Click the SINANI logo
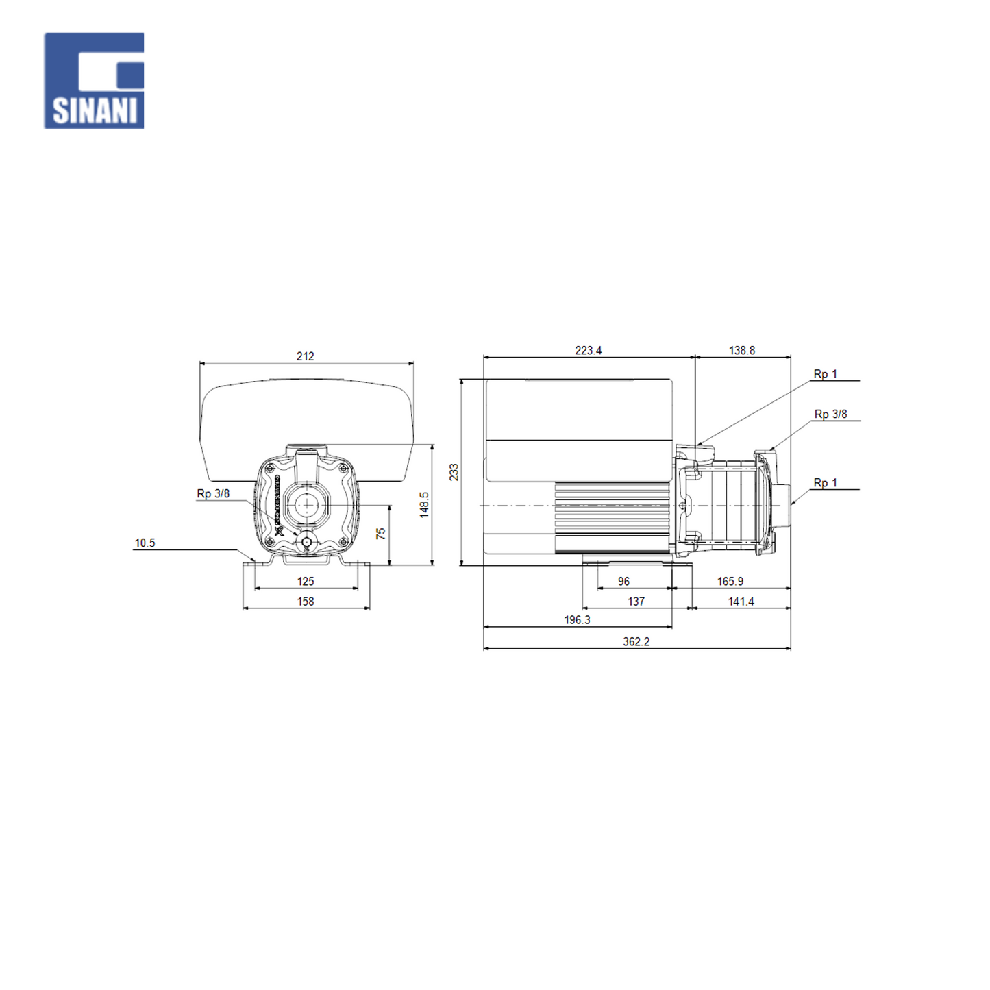[x=94, y=81]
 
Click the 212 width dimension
[x=305, y=356]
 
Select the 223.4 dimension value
[x=589, y=350]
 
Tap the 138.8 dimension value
[x=742, y=350]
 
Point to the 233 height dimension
[x=454, y=472]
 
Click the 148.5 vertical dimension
[x=424, y=504]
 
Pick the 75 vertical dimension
[x=381, y=534]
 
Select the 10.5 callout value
[x=145, y=543]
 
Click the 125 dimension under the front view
[x=306, y=581]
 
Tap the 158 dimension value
[x=306, y=601]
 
